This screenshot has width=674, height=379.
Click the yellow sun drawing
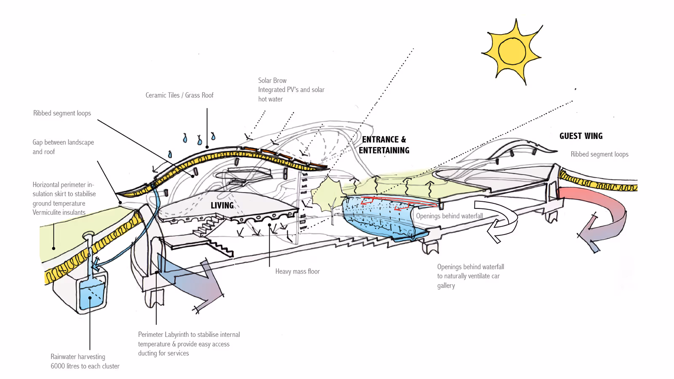[512, 51]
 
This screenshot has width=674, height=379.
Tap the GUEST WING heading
[581, 136]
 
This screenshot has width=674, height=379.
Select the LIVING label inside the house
[222, 206]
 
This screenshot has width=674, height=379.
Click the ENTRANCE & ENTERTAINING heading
[384, 145]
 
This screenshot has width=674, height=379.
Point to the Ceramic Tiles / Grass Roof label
[179, 95]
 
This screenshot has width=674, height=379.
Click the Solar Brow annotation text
[291, 90]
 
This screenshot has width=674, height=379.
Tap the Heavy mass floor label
[297, 272]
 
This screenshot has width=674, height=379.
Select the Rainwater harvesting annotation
[85, 361]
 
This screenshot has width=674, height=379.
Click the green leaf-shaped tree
[326, 194]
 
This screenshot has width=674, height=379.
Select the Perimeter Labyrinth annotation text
[189, 344]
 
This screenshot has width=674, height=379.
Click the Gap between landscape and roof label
[63, 147]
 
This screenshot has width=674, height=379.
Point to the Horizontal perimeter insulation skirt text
[64, 198]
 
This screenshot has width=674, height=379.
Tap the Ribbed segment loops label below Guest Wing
[599, 154]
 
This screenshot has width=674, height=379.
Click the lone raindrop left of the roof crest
[170, 155]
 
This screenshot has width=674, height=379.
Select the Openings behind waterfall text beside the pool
[449, 216]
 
